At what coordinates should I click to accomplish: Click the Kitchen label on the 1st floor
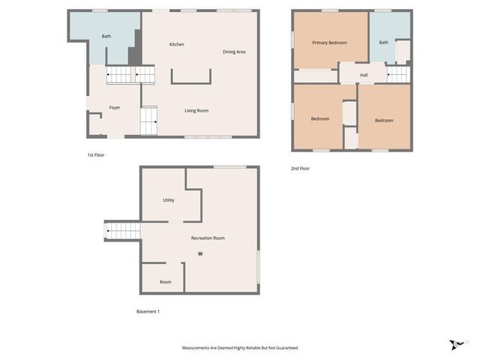(176, 44)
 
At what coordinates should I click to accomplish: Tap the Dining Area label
(234, 52)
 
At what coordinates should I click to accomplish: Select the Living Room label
(196, 111)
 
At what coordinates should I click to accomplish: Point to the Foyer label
(115, 107)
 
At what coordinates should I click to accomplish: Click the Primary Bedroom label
(330, 43)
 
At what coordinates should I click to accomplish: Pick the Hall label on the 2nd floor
(364, 75)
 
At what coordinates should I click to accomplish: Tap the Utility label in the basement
(169, 200)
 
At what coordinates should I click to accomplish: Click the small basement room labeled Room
(165, 282)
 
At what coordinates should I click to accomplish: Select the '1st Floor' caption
(95, 154)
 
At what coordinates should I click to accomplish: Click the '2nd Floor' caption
(300, 168)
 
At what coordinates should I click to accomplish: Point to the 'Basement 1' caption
(148, 311)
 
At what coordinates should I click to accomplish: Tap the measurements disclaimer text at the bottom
(240, 347)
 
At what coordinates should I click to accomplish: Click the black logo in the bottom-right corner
(456, 345)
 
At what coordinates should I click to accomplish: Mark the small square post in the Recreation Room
(200, 254)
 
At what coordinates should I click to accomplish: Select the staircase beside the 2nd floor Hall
(398, 74)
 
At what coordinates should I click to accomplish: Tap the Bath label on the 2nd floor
(384, 43)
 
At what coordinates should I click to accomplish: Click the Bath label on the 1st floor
(106, 36)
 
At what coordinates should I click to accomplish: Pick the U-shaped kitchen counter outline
(191, 77)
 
